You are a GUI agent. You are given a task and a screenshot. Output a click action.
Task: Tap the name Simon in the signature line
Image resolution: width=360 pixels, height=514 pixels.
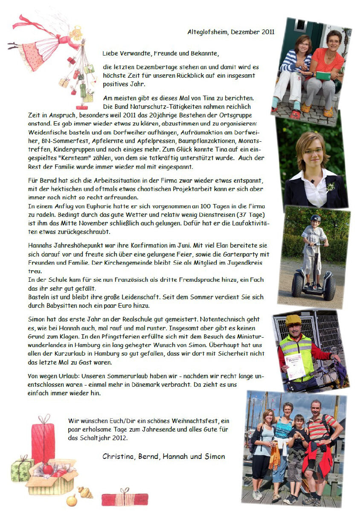(x=214, y=456)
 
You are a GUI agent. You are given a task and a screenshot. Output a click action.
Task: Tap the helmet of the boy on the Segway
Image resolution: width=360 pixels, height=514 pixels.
(x=314, y=219)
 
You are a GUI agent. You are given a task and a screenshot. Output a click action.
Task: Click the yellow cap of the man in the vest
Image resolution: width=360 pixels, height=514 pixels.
(x=293, y=319)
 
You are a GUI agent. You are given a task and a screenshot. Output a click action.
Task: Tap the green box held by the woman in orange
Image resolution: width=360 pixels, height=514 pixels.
(x=323, y=76)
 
